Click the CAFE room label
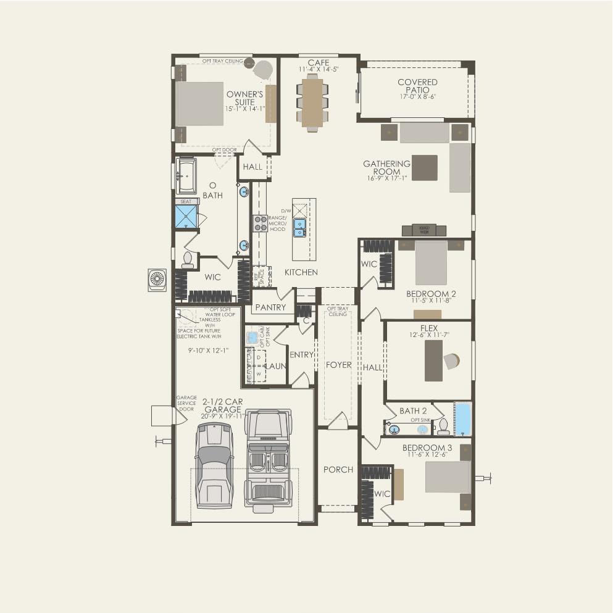point(319,63)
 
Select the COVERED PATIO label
point(417,86)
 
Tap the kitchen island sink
point(300,227)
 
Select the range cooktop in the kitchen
point(259,223)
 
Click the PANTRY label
point(270,307)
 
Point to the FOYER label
point(338,365)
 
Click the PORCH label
point(338,470)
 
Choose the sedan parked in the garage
point(214,464)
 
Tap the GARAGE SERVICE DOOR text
point(186,403)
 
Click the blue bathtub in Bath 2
point(462,419)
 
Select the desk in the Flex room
point(433,361)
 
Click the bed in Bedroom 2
point(431,262)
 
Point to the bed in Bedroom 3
point(448,477)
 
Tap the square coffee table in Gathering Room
point(424,168)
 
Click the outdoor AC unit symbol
point(157,280)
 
